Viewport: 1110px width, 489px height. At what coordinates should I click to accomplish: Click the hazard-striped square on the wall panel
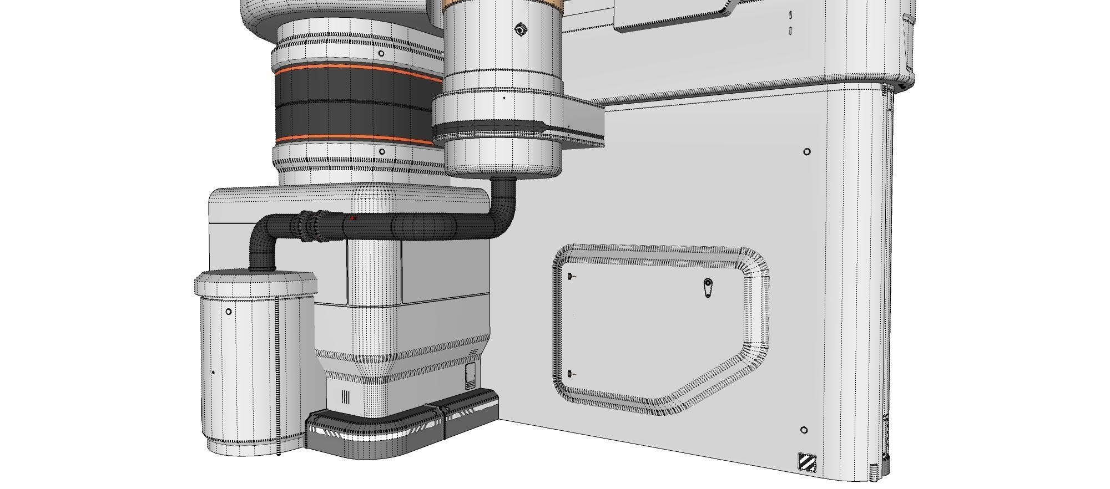[x=806, y=462]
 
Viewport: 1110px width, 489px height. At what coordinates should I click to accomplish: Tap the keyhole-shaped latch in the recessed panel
[x=708, y=287]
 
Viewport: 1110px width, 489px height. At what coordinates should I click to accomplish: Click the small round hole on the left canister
[x=229, y=312]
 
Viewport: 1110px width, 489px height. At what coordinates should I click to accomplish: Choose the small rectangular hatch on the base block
[x=471, y=375]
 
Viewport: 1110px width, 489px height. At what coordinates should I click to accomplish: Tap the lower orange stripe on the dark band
[x=355, y=138]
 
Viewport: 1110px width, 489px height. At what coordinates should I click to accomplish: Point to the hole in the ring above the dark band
[x=382, y=53]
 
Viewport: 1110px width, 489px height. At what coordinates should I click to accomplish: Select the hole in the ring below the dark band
[x=382, y=151]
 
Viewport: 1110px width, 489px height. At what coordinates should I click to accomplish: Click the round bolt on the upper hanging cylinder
[x=519, y=29]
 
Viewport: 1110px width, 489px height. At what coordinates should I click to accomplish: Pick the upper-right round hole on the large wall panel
[x=807, y=151]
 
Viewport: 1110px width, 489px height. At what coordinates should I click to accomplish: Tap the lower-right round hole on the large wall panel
[x=804, y=430]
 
